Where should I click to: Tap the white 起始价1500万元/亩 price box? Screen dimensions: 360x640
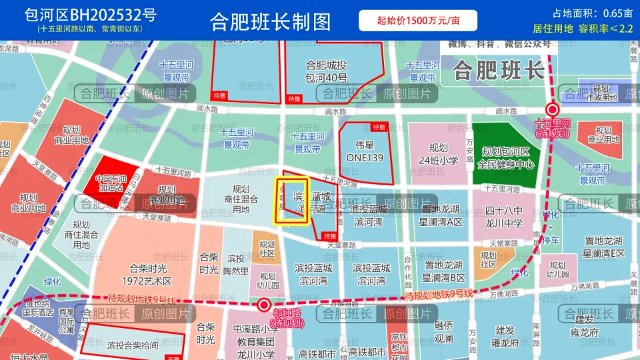click(x=418, y=21)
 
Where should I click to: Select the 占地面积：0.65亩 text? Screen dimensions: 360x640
click(x=592, y=13)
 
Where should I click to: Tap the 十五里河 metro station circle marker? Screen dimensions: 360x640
click(x=552, y=110)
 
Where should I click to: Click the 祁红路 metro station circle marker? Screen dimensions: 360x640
click(x=264, y=305)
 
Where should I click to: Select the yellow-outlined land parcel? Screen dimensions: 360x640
click(x=292, y=200)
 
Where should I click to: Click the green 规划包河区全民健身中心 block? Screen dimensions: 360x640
click(x=506, y=157)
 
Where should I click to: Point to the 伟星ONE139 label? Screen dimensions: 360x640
click(x=365, y=152)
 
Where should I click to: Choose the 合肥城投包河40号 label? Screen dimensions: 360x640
click(x=326, y=71)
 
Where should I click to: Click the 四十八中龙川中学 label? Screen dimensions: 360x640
click(x=504, y=216)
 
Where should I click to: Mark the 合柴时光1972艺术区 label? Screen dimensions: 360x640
click(x=149, y=275)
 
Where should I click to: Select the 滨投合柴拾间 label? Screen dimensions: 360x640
click(x=133, y=345)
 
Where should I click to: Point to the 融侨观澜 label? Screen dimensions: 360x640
click(x=443, y=331)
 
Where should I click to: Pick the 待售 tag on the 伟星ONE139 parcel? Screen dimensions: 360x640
click(x=379, y=127)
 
